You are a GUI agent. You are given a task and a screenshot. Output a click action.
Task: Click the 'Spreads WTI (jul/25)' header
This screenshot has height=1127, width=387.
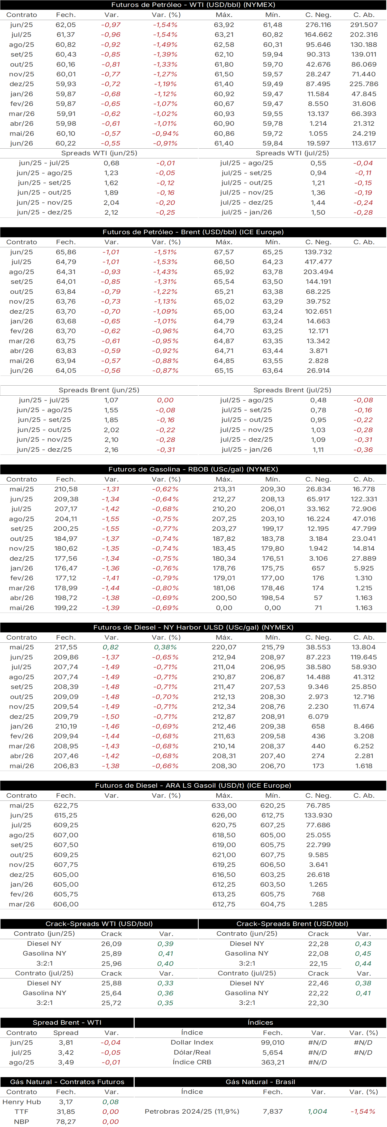click(x=292, y=153)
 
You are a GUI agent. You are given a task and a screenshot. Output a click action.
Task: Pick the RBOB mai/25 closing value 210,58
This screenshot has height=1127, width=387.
click(x=66, y=489)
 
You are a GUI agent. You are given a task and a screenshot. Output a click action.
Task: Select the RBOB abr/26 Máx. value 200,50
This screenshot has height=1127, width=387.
click(x=224, y=598)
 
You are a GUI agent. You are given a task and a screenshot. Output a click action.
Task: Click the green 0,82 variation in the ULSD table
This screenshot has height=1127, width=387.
click(x=111, y=647)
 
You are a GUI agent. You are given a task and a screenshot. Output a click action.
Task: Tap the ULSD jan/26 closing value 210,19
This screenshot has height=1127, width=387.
click(x=66, y=726)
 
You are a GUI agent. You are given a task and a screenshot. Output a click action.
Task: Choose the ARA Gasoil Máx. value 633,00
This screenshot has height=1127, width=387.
click(x=224, y=805)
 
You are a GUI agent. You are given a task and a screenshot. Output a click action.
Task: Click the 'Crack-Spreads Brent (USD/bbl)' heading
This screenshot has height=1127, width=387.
click(x=292, y=924)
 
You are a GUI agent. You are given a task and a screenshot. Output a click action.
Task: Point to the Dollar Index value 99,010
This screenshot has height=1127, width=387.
click(x=272, y=1043)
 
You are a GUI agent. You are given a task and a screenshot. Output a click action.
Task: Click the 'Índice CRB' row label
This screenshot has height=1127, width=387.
click(x=192, y=1062)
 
